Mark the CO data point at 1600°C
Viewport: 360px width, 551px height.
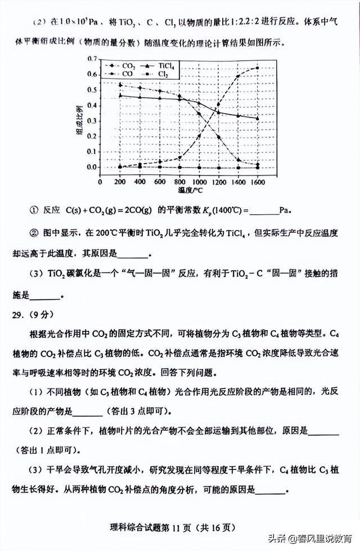point(258,68)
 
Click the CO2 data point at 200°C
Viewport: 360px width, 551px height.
point(120,85)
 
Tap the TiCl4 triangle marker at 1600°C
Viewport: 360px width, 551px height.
point(258,118)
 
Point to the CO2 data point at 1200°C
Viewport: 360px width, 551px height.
point(218,137)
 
